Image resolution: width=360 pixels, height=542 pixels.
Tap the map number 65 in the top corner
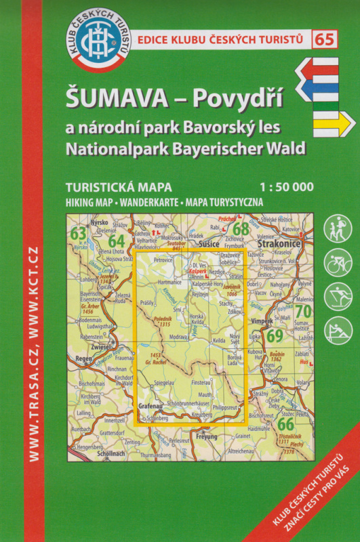324,39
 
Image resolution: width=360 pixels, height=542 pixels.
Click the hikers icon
337,229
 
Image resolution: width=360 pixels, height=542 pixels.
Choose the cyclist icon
337,262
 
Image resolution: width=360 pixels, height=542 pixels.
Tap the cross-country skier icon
337,296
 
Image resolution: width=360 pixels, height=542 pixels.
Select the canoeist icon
337,330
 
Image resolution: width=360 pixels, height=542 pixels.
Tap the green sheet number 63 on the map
79,234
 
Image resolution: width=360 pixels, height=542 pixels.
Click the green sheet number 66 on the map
285,424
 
